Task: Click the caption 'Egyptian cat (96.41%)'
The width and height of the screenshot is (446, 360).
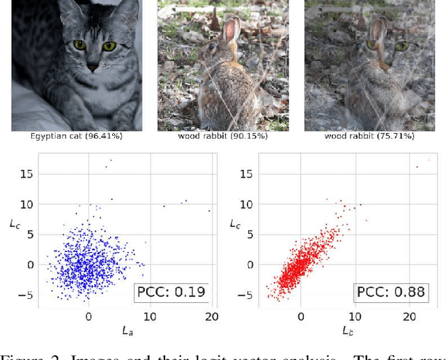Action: [77, 136]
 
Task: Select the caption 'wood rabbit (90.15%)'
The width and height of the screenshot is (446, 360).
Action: [222, 136]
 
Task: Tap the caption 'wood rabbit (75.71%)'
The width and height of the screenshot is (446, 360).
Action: [369, 136]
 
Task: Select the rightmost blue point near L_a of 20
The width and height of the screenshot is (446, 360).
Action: [208, 210]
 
